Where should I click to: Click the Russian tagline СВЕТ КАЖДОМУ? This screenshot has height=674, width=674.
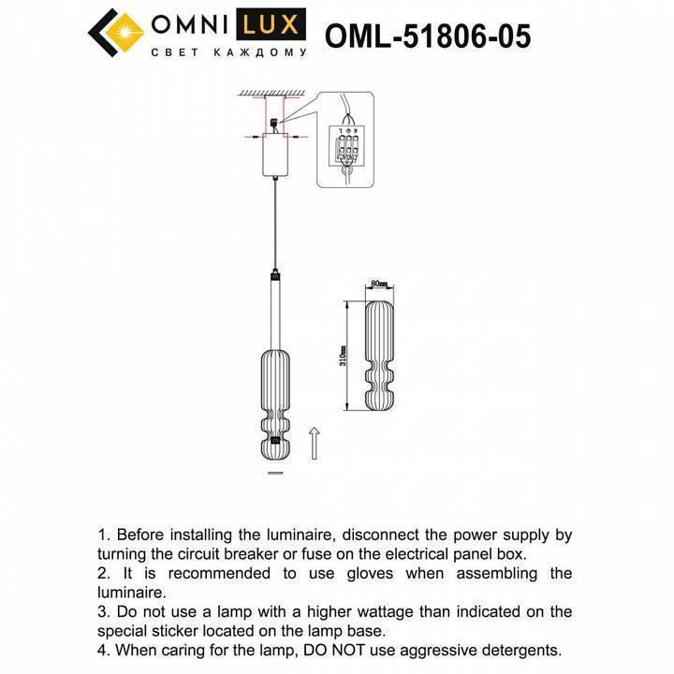click(x=228, y=53)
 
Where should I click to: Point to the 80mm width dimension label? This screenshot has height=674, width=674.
click(x=378, y=283)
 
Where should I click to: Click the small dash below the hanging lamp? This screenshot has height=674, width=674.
click(x=275, y=475)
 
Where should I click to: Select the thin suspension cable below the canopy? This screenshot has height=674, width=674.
click(x=275, y=225)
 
